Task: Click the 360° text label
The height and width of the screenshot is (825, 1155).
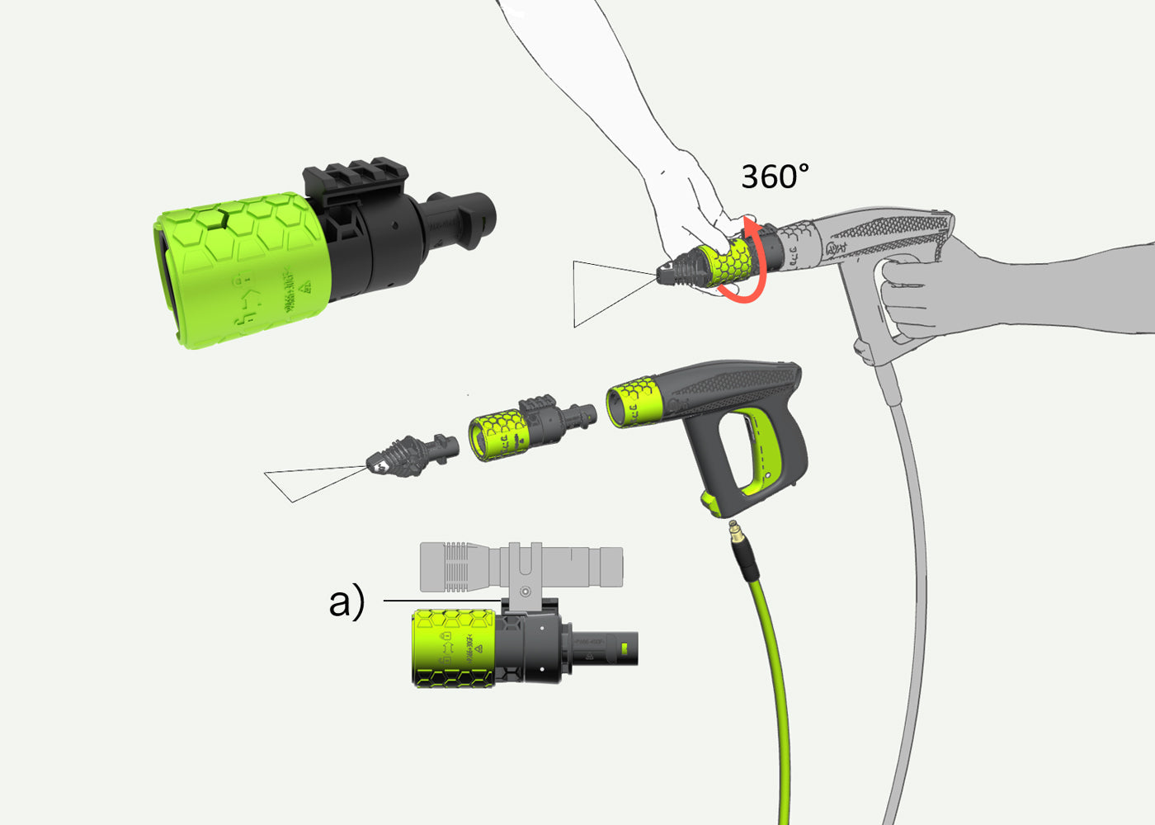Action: pyautogui.click(x=775, y=177)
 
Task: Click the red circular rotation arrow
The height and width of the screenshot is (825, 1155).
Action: pyautogui.click(x=761, y=264)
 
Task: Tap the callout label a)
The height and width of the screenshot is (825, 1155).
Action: pyautogui.click(x=346, y=601)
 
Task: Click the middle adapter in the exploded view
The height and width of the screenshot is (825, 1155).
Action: pyautogui.click(x=528, y=425)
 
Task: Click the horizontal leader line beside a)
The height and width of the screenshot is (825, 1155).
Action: pyautogui.click(x=441, y=601)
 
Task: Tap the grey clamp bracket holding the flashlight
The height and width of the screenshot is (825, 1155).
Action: pyautogui.click(x=525, y=577)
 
